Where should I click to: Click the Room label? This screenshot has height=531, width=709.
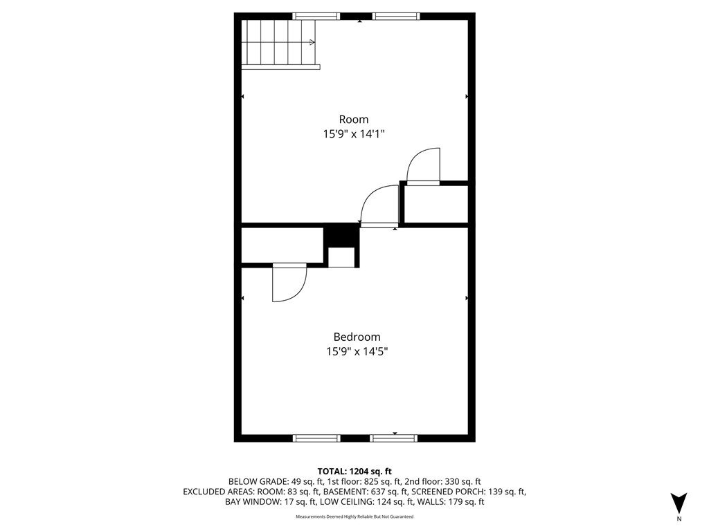[353, 119]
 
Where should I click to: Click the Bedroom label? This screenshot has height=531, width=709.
[357, 337]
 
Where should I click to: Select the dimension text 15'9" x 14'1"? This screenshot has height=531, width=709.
[353, 134]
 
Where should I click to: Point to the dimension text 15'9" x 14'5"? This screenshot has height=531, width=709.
[357, 351]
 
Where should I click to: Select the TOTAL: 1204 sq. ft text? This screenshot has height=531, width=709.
[354, 471]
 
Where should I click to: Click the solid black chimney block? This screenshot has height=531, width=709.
[341, 235]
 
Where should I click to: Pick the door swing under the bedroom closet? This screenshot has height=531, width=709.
[289, 283]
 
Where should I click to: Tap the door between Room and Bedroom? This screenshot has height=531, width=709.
[378, 206]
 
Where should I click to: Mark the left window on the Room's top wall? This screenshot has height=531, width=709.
[316, 16]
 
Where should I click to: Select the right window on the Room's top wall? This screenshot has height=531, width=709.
[396, 16]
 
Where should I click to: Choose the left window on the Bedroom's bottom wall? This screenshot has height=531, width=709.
[316, 438]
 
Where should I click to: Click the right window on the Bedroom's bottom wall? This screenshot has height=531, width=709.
[394, 438]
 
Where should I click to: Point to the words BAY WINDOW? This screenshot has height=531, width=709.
[253, 502]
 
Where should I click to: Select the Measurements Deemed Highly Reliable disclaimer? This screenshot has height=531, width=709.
[354, 517]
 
